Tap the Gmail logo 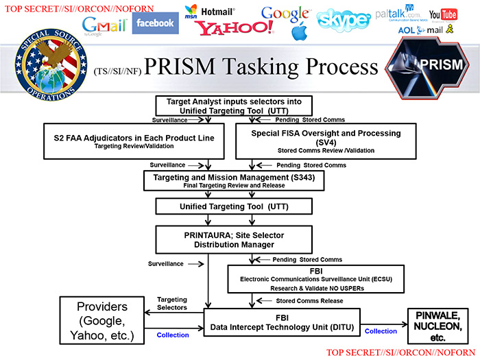point(105,25)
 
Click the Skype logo point(344,21)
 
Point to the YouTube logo point(443,14)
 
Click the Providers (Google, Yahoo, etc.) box point(101,320)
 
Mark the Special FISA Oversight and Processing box point(326,141)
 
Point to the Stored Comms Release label point(308,300)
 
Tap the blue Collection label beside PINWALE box point(381,331)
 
